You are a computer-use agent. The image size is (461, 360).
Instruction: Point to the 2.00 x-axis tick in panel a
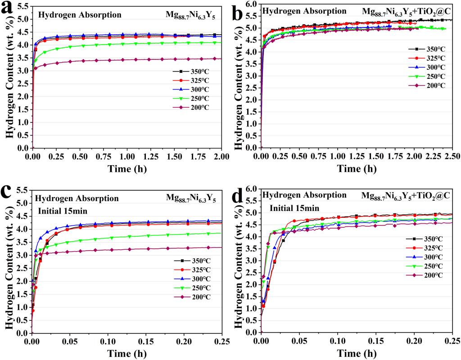(221, 156)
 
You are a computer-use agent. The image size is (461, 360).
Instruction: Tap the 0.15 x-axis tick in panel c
(146, 342)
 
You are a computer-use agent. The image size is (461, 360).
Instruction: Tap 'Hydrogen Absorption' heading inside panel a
(80, 15)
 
